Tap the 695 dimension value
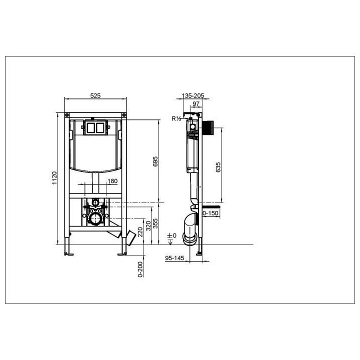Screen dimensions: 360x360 [x=155, y=161]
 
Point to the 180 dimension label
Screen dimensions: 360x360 [x=112, y=181]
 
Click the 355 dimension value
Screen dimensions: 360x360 [x=155, y=223]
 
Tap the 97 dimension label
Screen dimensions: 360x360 [x=196, y=103]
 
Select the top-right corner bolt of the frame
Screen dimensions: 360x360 [x=126, y=115]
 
